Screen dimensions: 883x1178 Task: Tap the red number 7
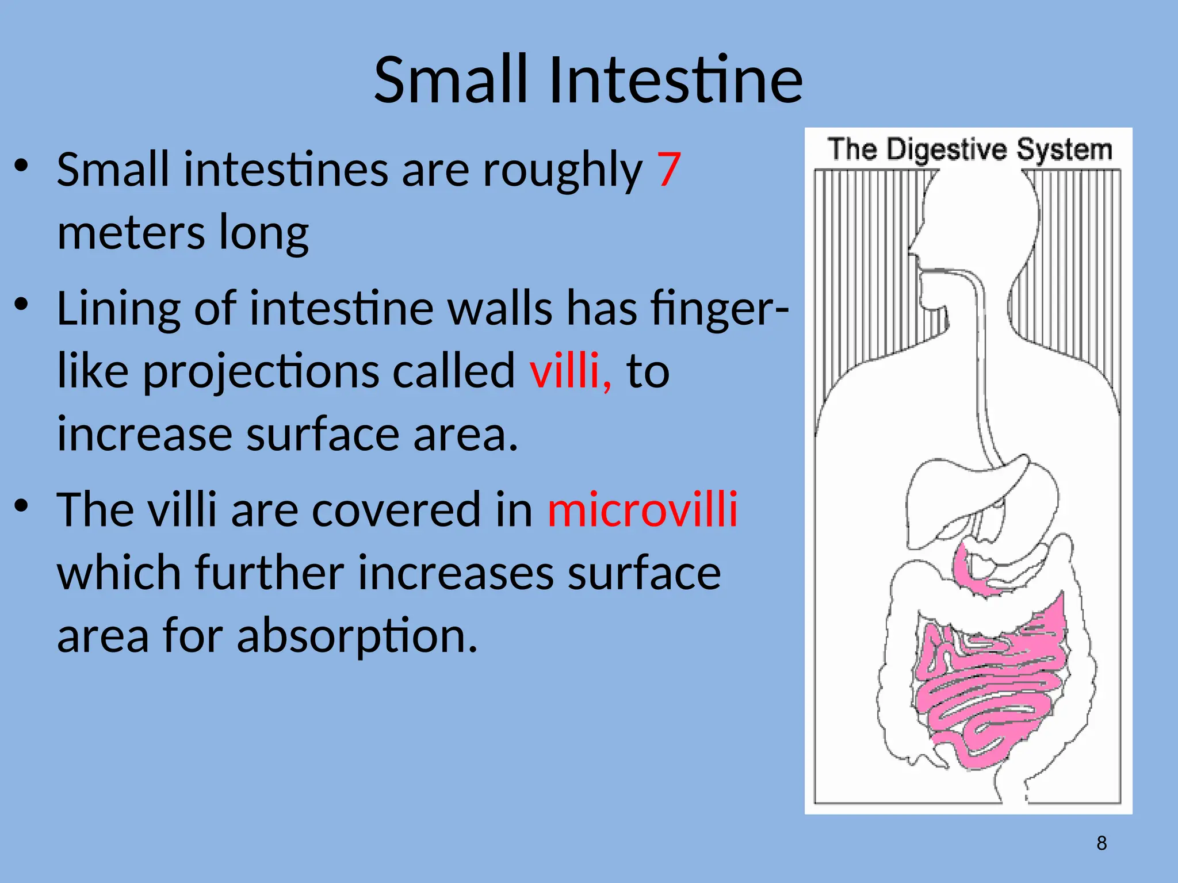point(669,170)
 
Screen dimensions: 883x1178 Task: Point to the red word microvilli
point(642,509)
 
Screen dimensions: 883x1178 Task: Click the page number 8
point(1101,843)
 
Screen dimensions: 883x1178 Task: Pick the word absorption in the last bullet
point(357,636)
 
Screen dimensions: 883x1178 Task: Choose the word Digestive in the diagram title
point(946,149)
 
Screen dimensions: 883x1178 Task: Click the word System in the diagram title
point(1064,149)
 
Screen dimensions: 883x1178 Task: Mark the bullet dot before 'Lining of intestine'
point(21,304)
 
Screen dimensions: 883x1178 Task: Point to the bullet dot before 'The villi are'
point(21,505)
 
